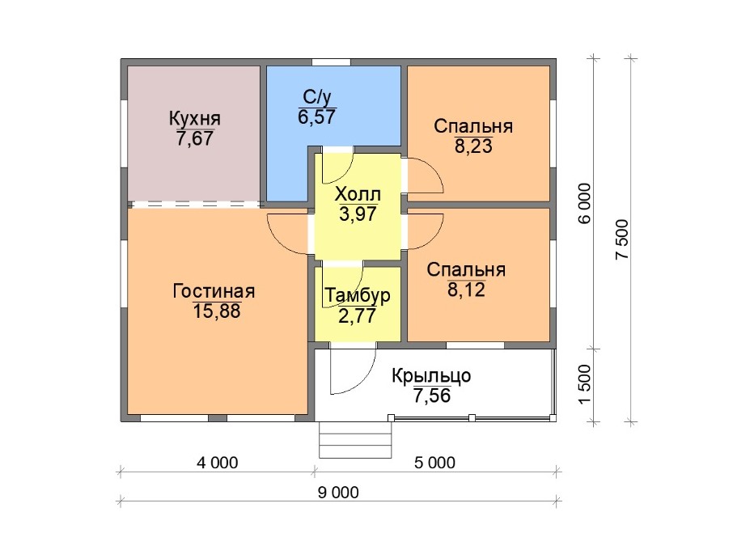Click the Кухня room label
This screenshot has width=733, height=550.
pos(194,119)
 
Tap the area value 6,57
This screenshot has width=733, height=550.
pos(317,116)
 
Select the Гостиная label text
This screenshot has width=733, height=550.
pos(214,291)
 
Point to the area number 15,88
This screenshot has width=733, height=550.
pos(217,311)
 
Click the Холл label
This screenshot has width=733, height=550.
pos(358,194)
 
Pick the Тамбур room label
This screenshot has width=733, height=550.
pos(358,295)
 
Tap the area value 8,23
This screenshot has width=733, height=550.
pos(473,146)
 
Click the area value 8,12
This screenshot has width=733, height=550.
pos(466,290)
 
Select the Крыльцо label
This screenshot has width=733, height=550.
pos(431,376)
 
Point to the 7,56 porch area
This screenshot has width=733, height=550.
pos(432,396)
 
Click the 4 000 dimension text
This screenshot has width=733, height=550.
pos(218,463)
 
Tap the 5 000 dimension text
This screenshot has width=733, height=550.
pos(434,463)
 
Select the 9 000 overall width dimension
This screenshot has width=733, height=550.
pos(338,493)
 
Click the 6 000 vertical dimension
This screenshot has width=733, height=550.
pos(585,203)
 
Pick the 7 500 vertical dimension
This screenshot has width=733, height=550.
pos(622,239)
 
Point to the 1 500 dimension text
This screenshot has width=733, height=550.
pos(585,385)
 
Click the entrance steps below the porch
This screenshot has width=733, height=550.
pos(355,440)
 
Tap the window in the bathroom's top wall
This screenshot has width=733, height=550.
pos(332,62)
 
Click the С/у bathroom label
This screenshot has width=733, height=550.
pos(317,97)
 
